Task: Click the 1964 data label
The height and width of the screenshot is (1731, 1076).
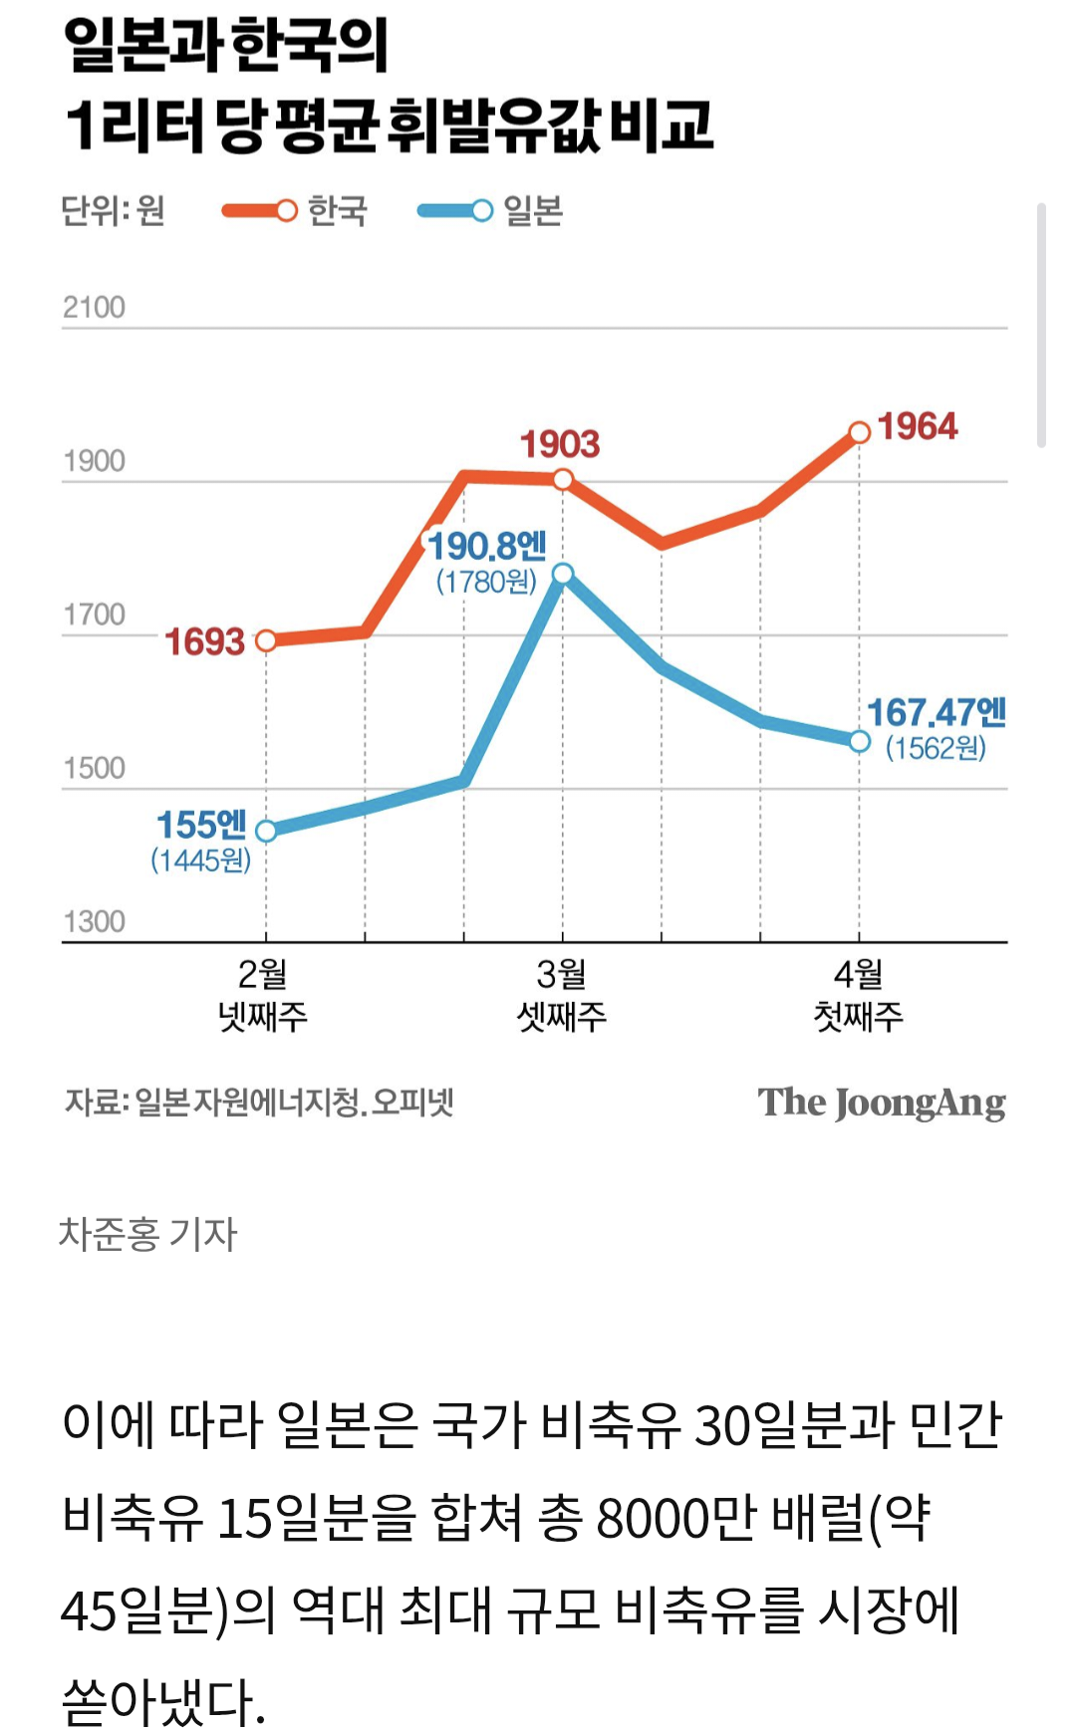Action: (x=917, y=427)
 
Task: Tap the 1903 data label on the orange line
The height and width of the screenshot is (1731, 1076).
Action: (x=560, y=444)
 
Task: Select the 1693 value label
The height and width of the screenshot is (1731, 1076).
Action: (x=204, y=642)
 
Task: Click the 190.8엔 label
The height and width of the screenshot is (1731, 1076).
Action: (x=487, y=546)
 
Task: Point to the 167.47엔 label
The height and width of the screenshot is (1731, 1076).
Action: (x=936, y=713)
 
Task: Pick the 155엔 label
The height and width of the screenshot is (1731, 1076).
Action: (x=201, y=825)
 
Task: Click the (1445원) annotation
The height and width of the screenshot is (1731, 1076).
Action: (x=200, y=860)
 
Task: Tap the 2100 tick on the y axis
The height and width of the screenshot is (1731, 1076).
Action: (x=94, y=307)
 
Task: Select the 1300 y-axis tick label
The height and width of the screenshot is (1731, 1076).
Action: (x=94, y=921)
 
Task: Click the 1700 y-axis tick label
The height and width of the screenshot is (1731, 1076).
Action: (x=94, y=615)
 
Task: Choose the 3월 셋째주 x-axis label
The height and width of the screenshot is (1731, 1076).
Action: (x=562, y=995)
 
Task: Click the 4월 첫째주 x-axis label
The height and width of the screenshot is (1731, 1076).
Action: (x=859, y=995)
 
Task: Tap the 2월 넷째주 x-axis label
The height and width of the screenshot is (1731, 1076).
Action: (x=264, y=995)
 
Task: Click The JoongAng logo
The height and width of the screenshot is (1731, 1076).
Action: (x=882, y=1104)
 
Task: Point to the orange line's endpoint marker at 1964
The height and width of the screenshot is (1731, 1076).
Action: (x=860, y=432)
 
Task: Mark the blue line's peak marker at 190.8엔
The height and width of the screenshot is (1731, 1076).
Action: (x=563, y=574)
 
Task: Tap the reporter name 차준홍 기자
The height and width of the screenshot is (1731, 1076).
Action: (x=148, y=1234)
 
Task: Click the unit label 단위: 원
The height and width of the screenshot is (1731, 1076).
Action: (x=113, y=211)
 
